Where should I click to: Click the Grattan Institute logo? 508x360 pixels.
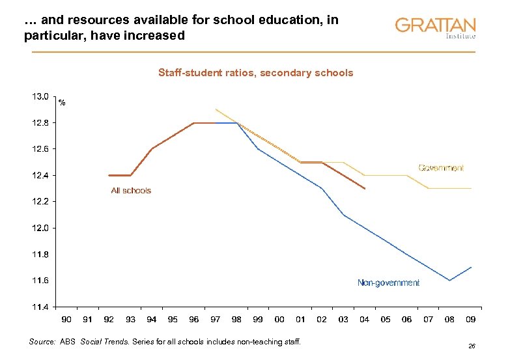(435, 28)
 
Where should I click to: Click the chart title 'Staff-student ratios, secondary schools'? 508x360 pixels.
(255, 73)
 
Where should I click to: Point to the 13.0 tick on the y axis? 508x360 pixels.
(40, 96)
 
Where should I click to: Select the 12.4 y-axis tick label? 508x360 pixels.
(40, 175)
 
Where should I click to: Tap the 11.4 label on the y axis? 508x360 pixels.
(40, 307)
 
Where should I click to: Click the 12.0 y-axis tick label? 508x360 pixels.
(40, 228)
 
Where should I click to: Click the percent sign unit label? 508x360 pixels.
(62, 103)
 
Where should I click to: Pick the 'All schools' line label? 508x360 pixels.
(131, 191)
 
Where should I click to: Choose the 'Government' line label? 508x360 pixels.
(441, 168)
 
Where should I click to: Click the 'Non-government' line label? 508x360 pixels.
(388, 283)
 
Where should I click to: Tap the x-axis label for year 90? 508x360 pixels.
(66, 320)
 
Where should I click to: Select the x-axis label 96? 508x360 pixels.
(194, 320)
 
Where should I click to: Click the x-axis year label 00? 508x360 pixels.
(279, 320)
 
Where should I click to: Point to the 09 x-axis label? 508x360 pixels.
(471, 320)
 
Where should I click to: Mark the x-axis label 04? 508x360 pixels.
(365, 320)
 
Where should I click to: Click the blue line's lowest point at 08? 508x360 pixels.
(449, 280)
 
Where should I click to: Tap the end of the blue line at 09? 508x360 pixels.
(471, 267)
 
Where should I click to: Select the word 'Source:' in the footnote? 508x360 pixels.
(43, 341)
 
